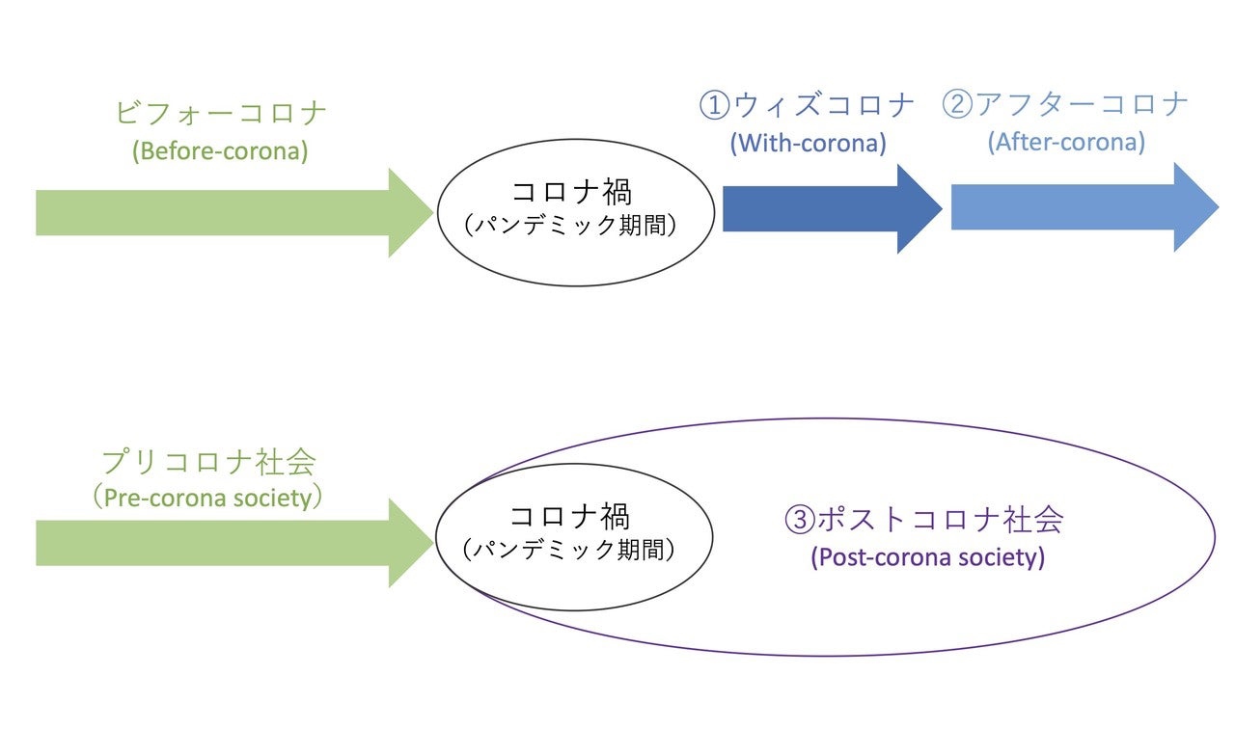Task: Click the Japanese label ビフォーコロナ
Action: (x=221, y=113)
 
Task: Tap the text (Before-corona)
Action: (x=220, y=151)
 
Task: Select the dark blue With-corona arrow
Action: (x=832, y=209)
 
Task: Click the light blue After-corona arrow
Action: (x=1084, y=207)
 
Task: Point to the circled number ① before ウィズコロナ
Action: (x=715, y=105)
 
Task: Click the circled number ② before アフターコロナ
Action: (x=957, y=103)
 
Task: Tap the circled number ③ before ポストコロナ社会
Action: (x=800, y=519)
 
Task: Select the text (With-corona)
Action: (x=809, y=144)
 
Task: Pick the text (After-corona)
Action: (x=1066, y=142)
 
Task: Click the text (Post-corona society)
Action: (x=928, y=557)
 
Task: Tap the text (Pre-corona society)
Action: (x=207, y=498)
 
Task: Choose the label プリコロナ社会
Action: (x=209, y=461)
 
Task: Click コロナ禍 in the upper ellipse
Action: (x=572, y=192)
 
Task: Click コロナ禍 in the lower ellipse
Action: (x=569, y=516)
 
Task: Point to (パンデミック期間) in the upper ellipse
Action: (x=571, y=225)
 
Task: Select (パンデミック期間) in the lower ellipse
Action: (x=569, y=550)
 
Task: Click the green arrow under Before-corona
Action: (x=234, y=213)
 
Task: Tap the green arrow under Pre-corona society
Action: (x=234, y=543)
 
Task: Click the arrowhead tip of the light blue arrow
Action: (x=1219, y=207)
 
